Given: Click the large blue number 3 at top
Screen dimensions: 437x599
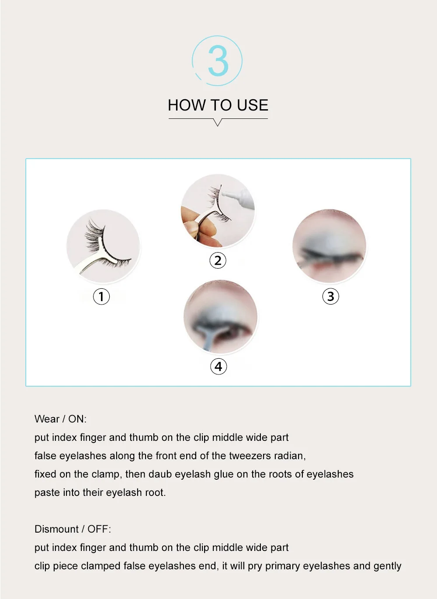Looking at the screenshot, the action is point(218,61).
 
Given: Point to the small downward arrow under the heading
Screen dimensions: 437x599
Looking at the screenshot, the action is point(218,122).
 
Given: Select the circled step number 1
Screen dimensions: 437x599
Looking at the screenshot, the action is point(101,296).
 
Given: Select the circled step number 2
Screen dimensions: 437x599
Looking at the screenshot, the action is point(218,260).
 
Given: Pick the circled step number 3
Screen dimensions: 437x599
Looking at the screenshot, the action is point(330,296).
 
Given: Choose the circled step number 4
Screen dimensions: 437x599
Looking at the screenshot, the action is point(218,367).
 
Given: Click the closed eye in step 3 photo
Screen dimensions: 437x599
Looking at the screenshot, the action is point(332,256).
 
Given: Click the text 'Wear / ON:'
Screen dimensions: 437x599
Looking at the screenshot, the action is point(60,419).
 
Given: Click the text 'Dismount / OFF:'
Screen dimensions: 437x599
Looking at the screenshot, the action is point(73,529).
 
